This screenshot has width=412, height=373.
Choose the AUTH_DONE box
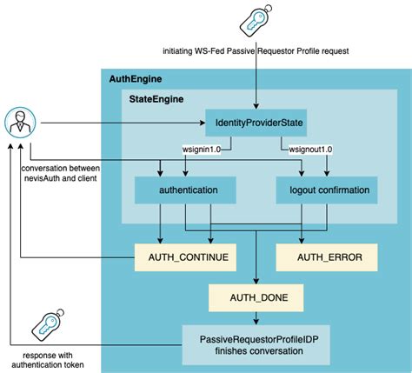point(255,301)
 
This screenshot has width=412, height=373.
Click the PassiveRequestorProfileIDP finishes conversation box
point(255,345)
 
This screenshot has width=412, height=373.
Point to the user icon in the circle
point(18,123)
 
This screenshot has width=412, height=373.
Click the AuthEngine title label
point(136,79)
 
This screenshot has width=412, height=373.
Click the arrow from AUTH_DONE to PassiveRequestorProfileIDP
point(255,320)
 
